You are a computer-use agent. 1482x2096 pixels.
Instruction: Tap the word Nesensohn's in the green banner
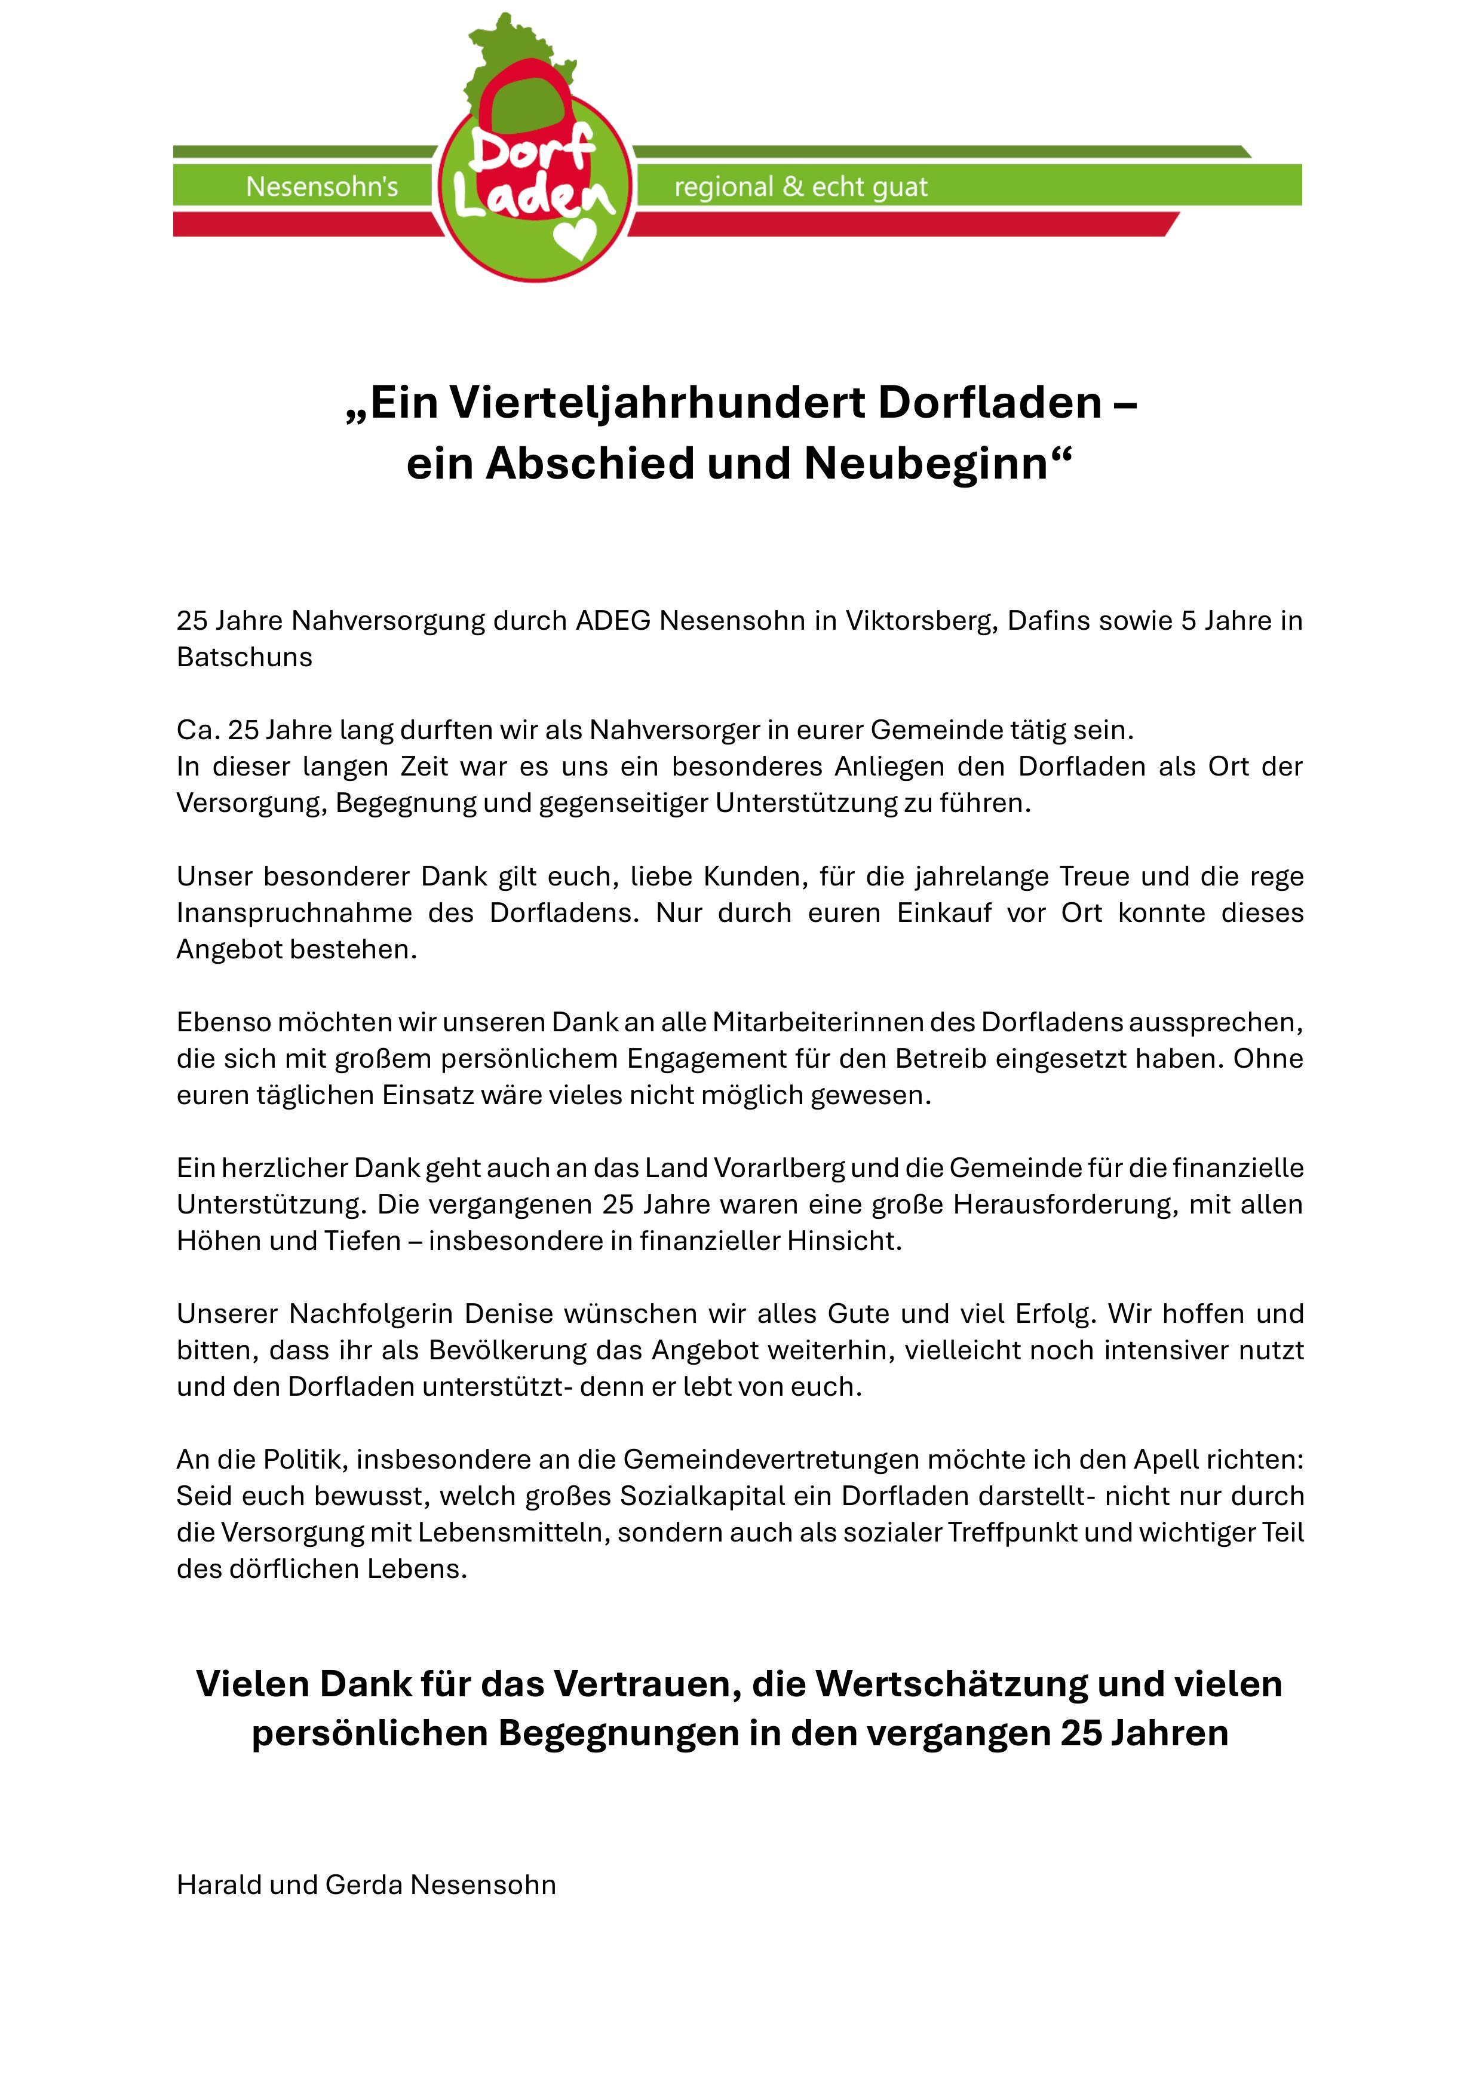click(x=322, y=187)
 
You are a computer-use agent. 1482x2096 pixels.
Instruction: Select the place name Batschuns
click(x=244, y=657)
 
